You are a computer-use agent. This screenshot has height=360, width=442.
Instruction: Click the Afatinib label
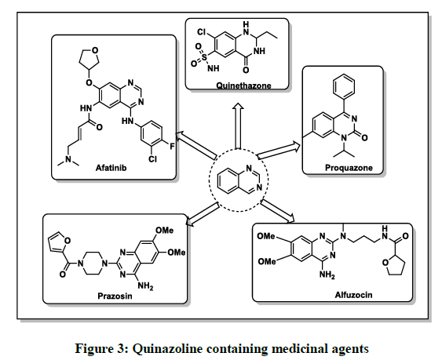coord(111,168)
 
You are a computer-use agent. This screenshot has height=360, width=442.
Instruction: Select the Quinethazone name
coord(243,85)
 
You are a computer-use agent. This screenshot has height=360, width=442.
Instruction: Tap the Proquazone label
coord(349,168)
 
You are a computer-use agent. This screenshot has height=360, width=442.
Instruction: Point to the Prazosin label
coord(115,296)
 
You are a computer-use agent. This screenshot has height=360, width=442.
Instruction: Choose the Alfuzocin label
coord(353,295)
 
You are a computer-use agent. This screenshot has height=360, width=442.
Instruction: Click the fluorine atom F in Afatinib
coord(172,146)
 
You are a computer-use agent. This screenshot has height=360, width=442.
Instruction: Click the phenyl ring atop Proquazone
coord(344,86)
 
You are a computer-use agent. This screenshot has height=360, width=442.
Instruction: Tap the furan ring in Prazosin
coord(59,242)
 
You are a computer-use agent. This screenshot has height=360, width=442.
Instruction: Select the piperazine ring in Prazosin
coord(93,264)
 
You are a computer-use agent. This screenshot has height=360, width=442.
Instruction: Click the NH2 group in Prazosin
coord(145,286)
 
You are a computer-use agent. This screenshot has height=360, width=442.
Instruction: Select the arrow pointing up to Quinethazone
coord(238,125)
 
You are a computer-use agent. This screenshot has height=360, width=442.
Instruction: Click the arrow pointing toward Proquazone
coord(279,150)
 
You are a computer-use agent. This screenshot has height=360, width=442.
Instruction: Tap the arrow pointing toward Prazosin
coord(203,214)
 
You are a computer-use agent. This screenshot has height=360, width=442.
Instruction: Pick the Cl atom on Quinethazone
coord(201,32)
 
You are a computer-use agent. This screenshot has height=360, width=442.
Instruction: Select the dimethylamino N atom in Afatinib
coord(68,160)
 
